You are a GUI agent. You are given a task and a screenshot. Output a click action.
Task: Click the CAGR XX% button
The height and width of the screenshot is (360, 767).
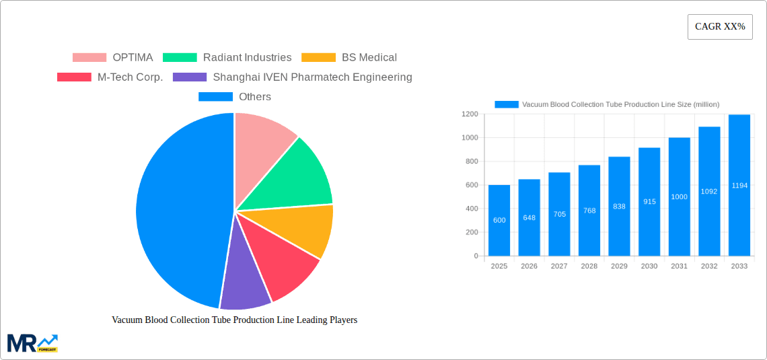point(719,27)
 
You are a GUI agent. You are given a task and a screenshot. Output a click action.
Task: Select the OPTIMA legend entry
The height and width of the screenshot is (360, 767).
point(112,58)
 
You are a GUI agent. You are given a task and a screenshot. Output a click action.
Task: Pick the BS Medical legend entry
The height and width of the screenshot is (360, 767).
point(349,58)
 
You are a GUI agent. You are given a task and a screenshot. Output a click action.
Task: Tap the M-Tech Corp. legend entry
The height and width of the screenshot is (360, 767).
point(110,77)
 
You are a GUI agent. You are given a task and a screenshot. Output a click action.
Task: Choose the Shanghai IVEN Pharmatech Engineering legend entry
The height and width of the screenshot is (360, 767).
point(293,77)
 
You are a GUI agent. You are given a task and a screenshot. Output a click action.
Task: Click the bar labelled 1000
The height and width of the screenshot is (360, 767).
point(679,196)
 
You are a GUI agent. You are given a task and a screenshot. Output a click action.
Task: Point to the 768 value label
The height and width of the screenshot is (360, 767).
point(589,211)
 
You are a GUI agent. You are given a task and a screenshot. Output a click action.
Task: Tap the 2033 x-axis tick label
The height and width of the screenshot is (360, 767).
point(739,266)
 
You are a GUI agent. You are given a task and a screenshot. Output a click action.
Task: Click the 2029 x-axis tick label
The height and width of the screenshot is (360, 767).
point(619,266)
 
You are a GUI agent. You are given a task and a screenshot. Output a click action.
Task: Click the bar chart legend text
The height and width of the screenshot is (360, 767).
point(620,104)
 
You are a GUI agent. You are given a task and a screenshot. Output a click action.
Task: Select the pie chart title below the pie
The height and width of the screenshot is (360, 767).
point(234,320)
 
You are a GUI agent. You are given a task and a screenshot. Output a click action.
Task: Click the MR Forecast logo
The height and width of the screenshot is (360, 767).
point(32,343)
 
